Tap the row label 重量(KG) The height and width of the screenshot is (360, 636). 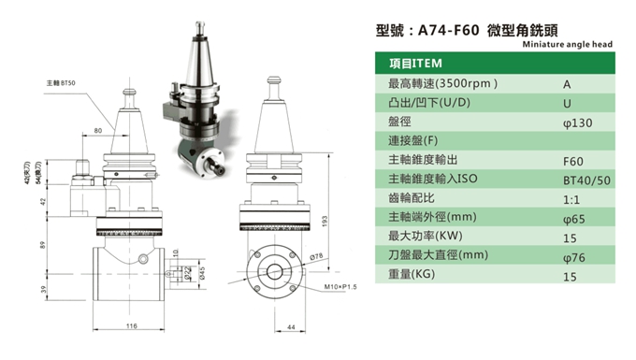point(413,276)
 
